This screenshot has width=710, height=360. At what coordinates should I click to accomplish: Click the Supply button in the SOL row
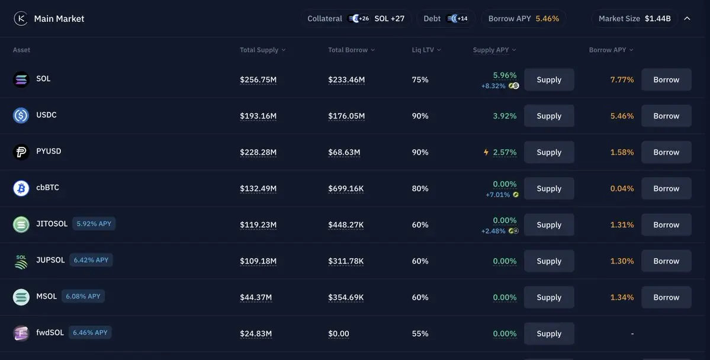click(549, 80)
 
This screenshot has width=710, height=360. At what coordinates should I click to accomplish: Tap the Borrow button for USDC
click(666, 116)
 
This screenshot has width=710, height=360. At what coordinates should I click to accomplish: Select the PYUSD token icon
click(21, 152)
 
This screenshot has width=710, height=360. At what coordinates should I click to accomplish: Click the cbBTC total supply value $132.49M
click(258, 189)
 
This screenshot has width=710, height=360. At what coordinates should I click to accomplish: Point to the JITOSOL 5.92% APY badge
click(94, 224)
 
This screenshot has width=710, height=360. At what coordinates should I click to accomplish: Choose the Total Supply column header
click(262, 50)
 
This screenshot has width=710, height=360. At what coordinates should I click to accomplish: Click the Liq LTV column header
click(426, 50)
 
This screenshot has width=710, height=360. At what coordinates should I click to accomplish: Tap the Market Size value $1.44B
click(657, 18)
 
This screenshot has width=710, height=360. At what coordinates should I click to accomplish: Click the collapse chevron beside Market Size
click(687, 18)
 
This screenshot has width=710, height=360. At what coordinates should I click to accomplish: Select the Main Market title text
click(59, 19)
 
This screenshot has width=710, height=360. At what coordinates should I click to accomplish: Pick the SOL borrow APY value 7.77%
click(622, 80)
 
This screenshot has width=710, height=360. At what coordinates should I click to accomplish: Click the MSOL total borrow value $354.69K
click(346, 297)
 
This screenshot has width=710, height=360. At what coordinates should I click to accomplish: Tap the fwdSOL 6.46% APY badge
click(90, 333)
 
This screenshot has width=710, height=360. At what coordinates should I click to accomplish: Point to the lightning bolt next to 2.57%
click(486, 152)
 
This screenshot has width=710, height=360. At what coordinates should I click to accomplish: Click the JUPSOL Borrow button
click(666, 261)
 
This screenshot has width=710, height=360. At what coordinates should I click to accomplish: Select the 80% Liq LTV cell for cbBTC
click(420, 189)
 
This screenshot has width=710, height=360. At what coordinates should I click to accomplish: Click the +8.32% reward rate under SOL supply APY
click(493, 86)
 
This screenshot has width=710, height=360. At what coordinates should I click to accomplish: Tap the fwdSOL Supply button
click(549, 334)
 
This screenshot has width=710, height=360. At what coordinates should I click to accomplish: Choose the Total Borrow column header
click(351, 50)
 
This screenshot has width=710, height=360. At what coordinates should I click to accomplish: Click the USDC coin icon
click(21, 115)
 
